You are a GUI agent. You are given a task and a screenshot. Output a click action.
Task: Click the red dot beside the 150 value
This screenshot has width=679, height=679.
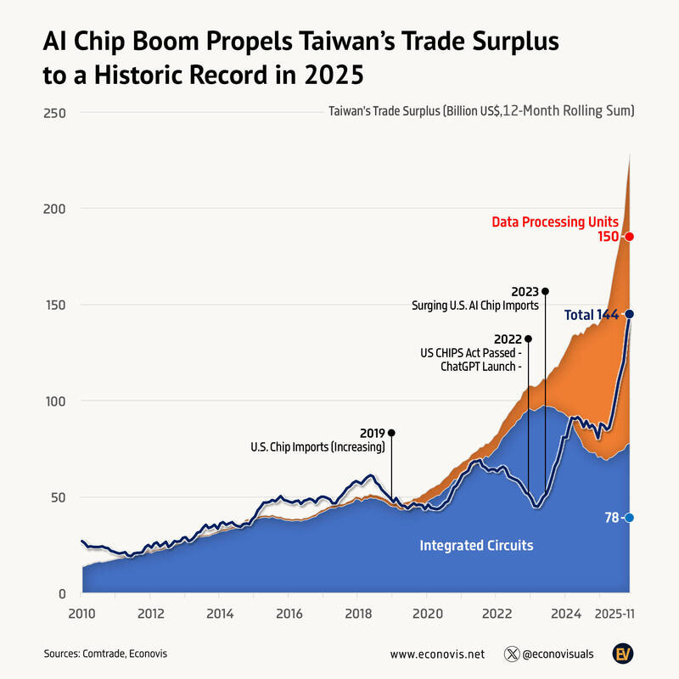coord(629,237)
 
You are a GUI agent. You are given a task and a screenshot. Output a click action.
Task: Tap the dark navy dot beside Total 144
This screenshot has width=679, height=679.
coord(629,314)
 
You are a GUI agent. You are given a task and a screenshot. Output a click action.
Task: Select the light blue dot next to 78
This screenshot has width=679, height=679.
coord(629,518)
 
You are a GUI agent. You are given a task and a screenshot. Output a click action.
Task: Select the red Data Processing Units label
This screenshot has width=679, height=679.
coord(555,222)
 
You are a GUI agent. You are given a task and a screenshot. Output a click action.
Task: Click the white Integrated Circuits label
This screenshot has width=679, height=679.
coord(476,545)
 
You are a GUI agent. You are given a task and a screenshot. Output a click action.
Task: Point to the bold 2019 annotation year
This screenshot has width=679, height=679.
coord(373,432)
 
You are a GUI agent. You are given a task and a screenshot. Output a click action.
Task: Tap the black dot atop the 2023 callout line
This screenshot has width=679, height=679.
coord(545,291)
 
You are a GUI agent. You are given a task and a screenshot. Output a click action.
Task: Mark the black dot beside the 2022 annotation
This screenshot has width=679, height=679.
coord(528,339)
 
